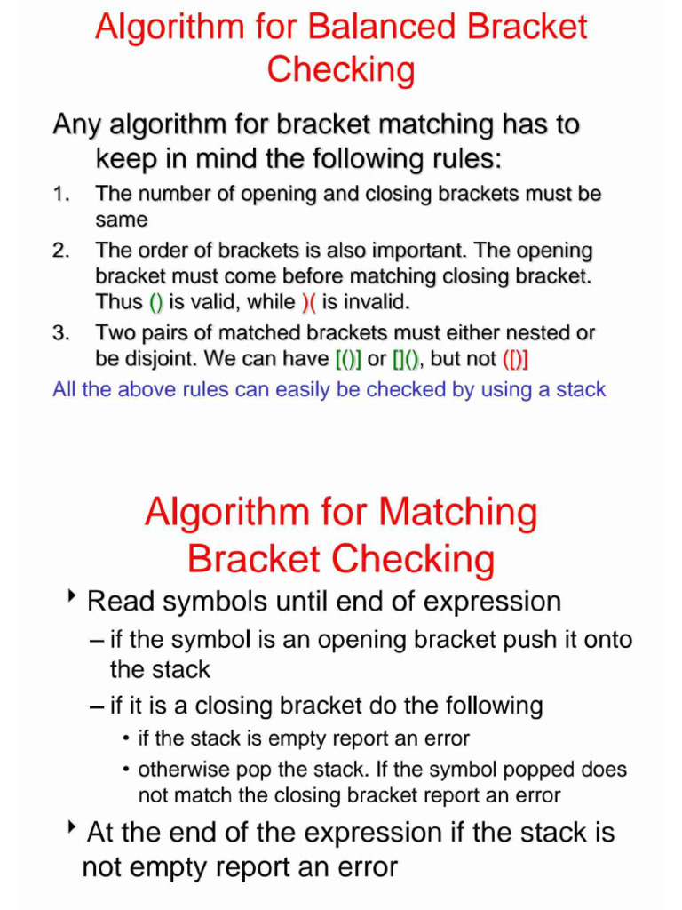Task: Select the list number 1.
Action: coord(59,194)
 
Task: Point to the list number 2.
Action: coord(59,251)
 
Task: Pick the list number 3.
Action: coord(59,333)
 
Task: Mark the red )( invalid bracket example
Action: coord(308,302)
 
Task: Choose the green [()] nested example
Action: coord(348,360)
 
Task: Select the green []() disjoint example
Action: coord(406,360)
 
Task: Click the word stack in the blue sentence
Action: coord(581,389)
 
